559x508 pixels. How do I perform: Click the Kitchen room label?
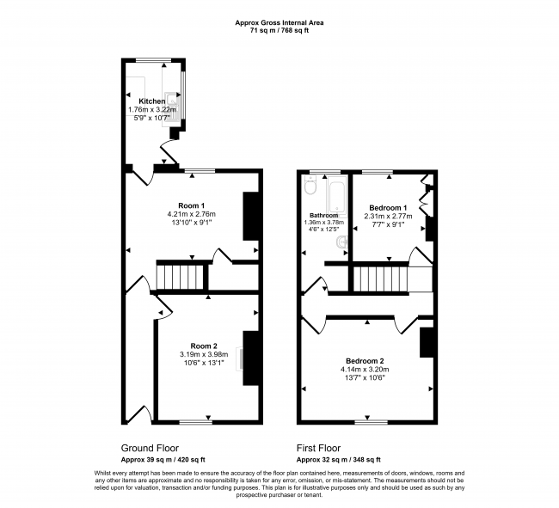click(152, 101)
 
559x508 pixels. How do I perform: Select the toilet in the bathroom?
click(310, 186)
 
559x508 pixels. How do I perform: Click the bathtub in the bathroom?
click(337, 196)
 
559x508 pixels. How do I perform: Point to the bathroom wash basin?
click(342, 243)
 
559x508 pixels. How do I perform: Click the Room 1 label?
click(192, 205)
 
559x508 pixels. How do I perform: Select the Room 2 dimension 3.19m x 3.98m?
click(204, 354)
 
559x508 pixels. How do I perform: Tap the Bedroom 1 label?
click(388, 208)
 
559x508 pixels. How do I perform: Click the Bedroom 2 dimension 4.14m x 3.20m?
click(365, 370)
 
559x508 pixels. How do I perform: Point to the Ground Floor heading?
click(150, 448)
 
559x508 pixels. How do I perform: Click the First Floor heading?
click(319, 448)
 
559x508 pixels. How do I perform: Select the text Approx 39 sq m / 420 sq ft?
click(163, 460)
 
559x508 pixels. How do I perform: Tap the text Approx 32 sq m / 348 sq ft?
click(339, 460)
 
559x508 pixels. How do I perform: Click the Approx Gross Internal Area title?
click(279, 23)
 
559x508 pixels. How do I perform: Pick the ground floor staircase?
click(180, 277)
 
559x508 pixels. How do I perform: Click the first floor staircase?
click(380, 279)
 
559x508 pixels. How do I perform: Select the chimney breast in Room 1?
click(251, 217)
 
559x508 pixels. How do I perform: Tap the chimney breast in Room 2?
click(251, 358)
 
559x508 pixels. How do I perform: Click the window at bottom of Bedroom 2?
click(372, 422)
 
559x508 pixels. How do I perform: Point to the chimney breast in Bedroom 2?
click(427, 342)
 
